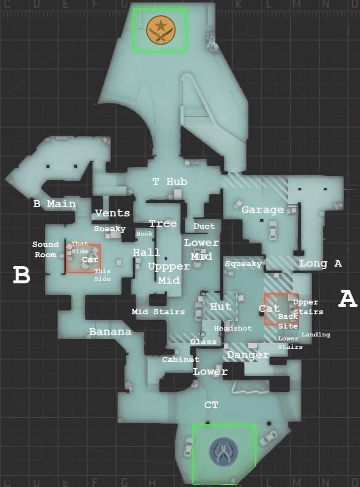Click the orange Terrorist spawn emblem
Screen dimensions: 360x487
coord(160,30)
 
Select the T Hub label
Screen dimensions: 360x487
coord(170,182)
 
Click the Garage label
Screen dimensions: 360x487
coord(263,210)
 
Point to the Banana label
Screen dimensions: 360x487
coord(110,332)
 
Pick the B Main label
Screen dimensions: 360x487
coord(55,204)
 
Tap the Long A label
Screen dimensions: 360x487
coord(320,264)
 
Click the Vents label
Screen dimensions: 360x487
coord(113,213)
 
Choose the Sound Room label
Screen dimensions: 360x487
coord(46,249)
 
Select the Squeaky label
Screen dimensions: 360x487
coord(243,264)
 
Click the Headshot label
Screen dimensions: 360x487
coord(233,328)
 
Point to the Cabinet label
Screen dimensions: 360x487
coord(180,360)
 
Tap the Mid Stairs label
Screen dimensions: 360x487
coord(158,311)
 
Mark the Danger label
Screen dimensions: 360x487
coord(248,355)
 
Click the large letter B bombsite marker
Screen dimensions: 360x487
coord(22,276)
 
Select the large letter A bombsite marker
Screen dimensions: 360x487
coord(348,299)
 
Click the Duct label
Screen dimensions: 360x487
coord(204,226)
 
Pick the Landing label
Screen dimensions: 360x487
coord(316,335)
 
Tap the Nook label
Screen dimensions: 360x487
coord(145,234)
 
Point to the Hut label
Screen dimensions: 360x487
coord(220,306)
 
